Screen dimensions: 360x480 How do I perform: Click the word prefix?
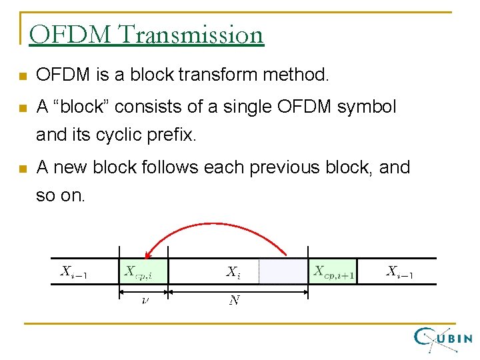(x=175, y=135)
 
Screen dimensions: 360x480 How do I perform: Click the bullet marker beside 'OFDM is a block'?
(x=23, y=76)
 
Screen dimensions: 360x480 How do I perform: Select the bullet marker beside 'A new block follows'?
(x=23, y=169)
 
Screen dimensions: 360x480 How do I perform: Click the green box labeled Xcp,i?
(x=143, y=271)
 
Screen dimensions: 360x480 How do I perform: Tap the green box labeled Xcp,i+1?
(x=333, y=271)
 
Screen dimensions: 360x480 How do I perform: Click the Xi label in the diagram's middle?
(x=233, y=271)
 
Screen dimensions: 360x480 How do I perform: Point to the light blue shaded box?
(x=283, y=271)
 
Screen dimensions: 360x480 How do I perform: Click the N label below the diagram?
(x=234, y=301)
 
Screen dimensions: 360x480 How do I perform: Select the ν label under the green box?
(x=145, y=301)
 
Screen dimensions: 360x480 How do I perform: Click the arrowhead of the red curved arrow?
(x=149, y=253)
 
